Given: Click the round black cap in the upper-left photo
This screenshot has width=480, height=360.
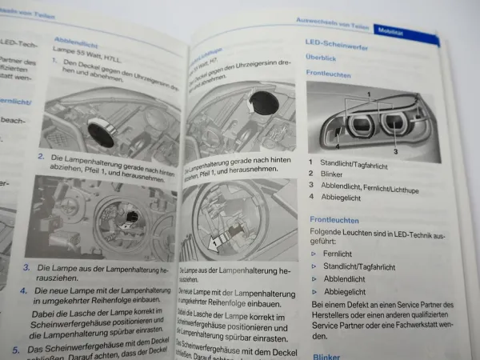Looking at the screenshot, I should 102,131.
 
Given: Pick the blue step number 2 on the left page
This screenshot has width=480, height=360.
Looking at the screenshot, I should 41,158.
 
